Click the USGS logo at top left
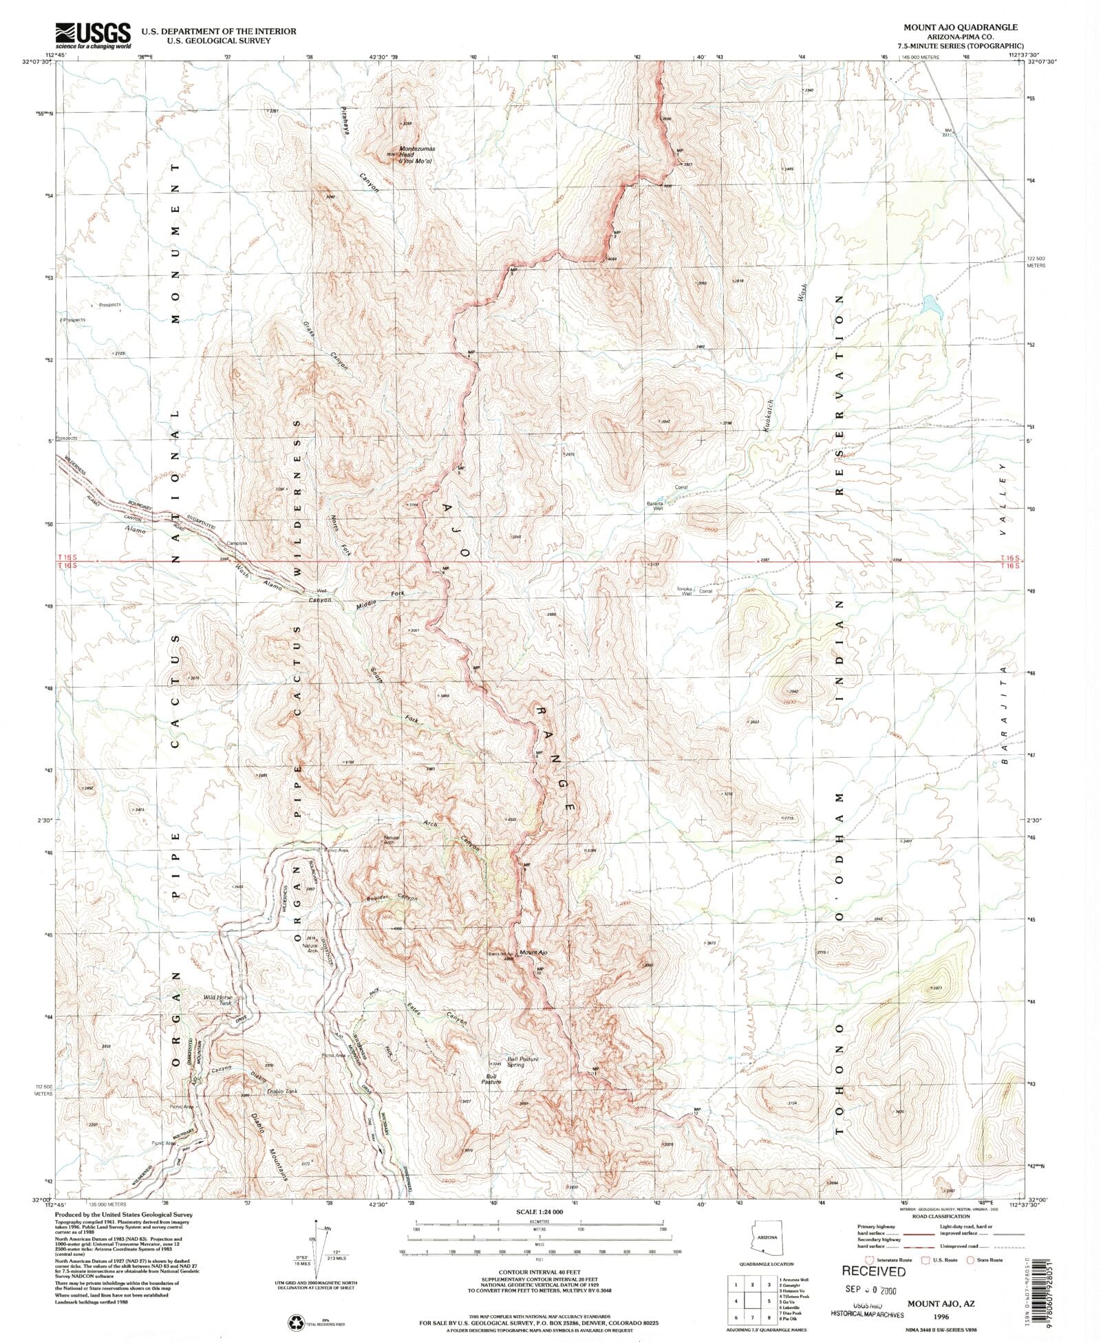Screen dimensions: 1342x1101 (x=93, y=35)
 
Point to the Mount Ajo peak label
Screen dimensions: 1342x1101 (x=533, y=952)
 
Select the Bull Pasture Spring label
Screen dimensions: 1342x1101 (x=522, y=1062)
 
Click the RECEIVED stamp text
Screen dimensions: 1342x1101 (x=873, y=1271)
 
